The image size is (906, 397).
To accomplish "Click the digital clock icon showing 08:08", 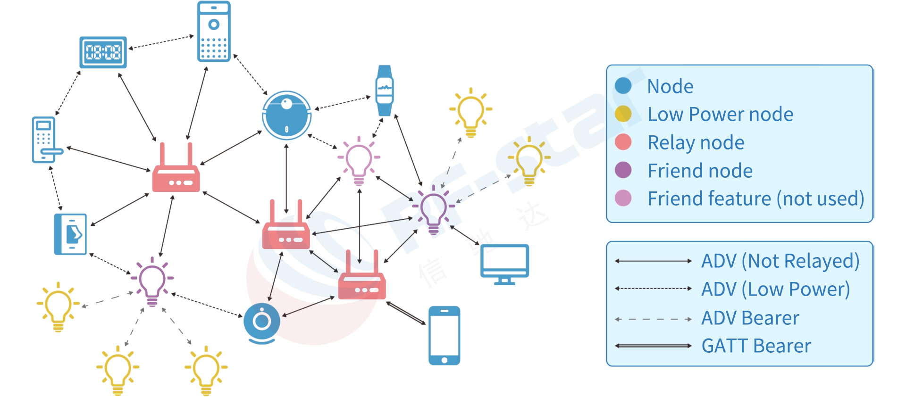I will click(103, 52).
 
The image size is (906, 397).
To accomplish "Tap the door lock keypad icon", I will click(45, 140).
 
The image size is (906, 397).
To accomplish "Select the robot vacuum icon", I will click(286, 115).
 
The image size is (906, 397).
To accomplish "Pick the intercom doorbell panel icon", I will click(214, 32).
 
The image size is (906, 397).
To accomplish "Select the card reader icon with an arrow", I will click(71, 234).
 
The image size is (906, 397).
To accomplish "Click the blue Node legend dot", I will click(623, 86).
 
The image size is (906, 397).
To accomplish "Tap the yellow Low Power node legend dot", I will click(623, 114).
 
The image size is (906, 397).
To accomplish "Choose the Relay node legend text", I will click(696, 142).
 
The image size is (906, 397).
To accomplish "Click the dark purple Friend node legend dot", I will click(623, 170).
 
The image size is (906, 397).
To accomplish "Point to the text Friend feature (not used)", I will click(755, 198).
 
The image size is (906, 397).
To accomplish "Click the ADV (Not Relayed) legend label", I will click(780, 261).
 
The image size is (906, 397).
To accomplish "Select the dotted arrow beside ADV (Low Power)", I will click(653, 289).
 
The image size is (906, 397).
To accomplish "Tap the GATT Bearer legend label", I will click(756, 346).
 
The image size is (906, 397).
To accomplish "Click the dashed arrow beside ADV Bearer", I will click(653, 319).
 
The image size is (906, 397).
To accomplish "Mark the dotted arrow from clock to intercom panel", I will click(161, 42).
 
